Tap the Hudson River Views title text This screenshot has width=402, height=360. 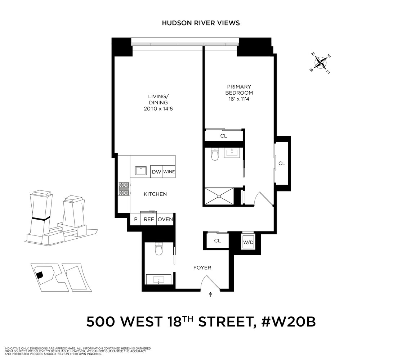pyautogui.click(x=201, y=23)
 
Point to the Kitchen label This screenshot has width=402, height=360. pyautogui.click(x=155, y=194)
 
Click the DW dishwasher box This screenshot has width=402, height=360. pyautogui.click(x=156, y=172)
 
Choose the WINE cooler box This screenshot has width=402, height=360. pyautogui.click(x=169, y=172)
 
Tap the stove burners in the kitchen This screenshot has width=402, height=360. pyautogui.click(x=124, y=189)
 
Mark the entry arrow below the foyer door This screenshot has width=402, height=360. pyautogui.click(x=211, y=295)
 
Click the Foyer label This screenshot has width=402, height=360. pyautogui.click(x=202, y=267)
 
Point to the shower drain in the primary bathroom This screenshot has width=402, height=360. pyautogui.click(x=219, y=196)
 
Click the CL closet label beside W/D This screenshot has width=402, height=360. pyautogui.click(x=217, y=241)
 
